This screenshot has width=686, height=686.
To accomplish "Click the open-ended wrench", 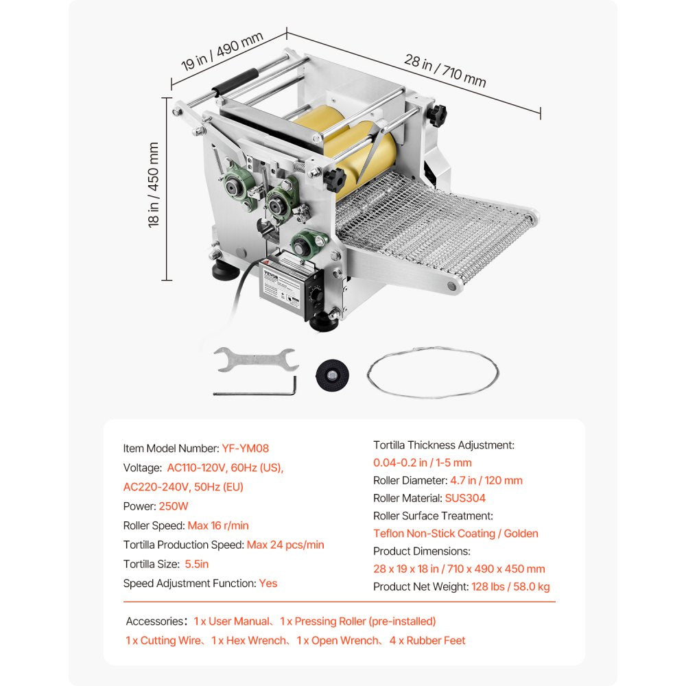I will [255, 359].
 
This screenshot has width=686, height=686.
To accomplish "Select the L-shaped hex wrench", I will [255, 390].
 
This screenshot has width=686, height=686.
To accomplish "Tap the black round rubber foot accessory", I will [331, 375].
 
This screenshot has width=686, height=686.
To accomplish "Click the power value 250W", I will [173, 506].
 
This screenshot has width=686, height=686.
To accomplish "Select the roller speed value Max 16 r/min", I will [218, 525].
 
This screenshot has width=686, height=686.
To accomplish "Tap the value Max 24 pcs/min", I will [285, 545].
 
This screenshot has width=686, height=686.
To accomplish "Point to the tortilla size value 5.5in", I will [196, 564].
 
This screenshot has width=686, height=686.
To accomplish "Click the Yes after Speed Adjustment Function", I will [268, 583].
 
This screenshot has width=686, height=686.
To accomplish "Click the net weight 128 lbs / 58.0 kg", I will [510, 587].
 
